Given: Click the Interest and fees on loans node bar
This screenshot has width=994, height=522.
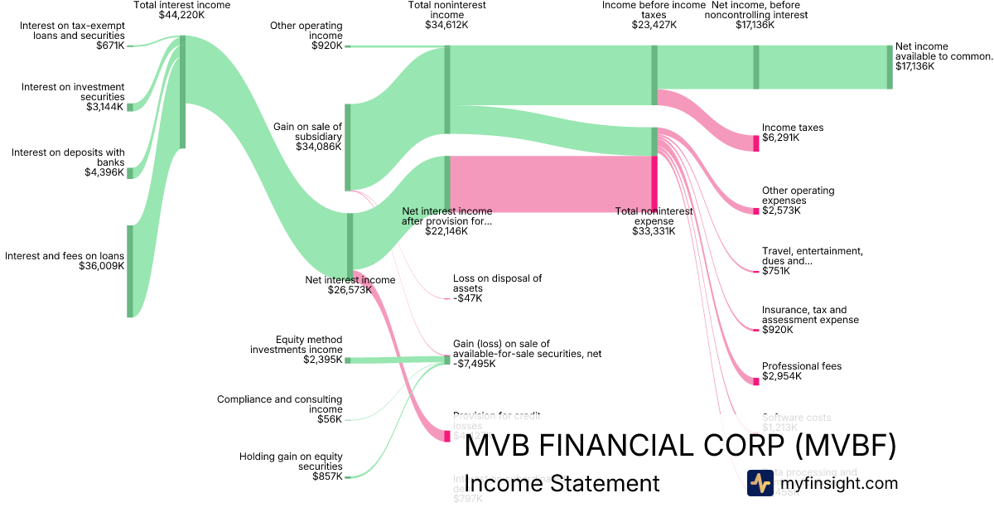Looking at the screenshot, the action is (130, 271).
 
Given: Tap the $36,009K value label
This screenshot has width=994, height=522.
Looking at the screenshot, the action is (102, 266).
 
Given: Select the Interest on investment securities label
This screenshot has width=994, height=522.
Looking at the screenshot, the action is (73, 92).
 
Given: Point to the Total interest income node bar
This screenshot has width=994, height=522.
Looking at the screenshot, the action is (182, 92).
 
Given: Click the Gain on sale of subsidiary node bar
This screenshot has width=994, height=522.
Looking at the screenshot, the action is (348, 147).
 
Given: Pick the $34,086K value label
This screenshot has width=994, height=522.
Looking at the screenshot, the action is (318, 147).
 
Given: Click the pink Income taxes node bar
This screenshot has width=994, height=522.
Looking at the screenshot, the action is (756, 143).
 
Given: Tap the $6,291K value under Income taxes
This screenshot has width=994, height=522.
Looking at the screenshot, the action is (781, 138).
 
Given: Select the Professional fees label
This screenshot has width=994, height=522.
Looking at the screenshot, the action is (802, 366).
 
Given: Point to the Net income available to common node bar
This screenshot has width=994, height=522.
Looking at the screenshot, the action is (890, 67).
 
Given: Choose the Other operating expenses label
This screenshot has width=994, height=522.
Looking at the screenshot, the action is (799, 196).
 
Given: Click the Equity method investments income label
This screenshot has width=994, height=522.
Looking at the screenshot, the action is (297, 345).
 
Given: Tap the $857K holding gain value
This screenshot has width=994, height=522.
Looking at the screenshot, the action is (327, 476).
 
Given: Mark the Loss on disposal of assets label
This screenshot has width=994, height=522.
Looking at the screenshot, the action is (498, 283).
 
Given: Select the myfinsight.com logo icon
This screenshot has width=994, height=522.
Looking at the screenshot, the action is (760, 483).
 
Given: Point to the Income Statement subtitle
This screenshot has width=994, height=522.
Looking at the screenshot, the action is (562, 484).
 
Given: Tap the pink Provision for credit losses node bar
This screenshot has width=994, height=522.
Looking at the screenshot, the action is (447, 436).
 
